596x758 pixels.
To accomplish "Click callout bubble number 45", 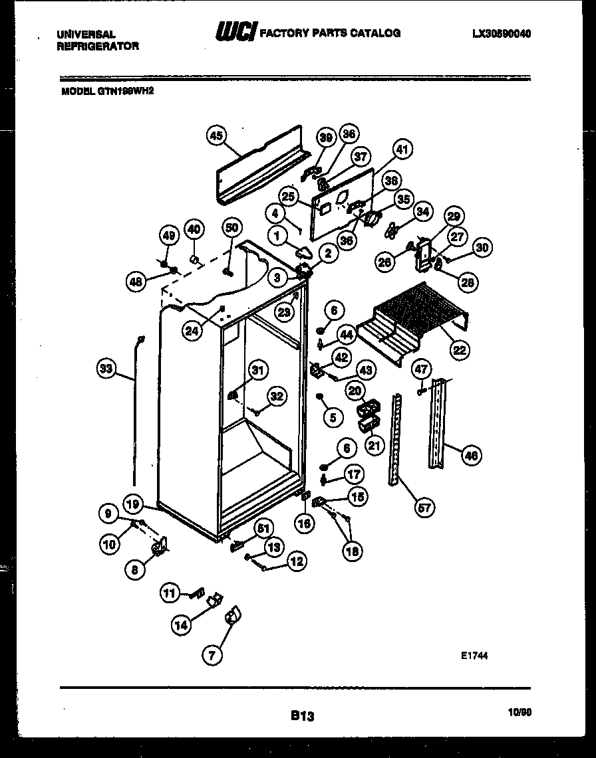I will tap(215, 136).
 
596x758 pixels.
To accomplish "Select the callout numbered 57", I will tap(424, 508).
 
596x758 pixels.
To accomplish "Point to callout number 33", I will tap(106, 367).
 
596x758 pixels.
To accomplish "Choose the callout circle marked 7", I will tap(212, 656).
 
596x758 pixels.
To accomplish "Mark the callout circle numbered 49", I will tap(170, 235).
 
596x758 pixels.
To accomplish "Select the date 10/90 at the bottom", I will tap(521, 712).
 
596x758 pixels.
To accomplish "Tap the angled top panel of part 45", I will tap(263, 169).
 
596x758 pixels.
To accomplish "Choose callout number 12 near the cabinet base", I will tap(296, 561).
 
